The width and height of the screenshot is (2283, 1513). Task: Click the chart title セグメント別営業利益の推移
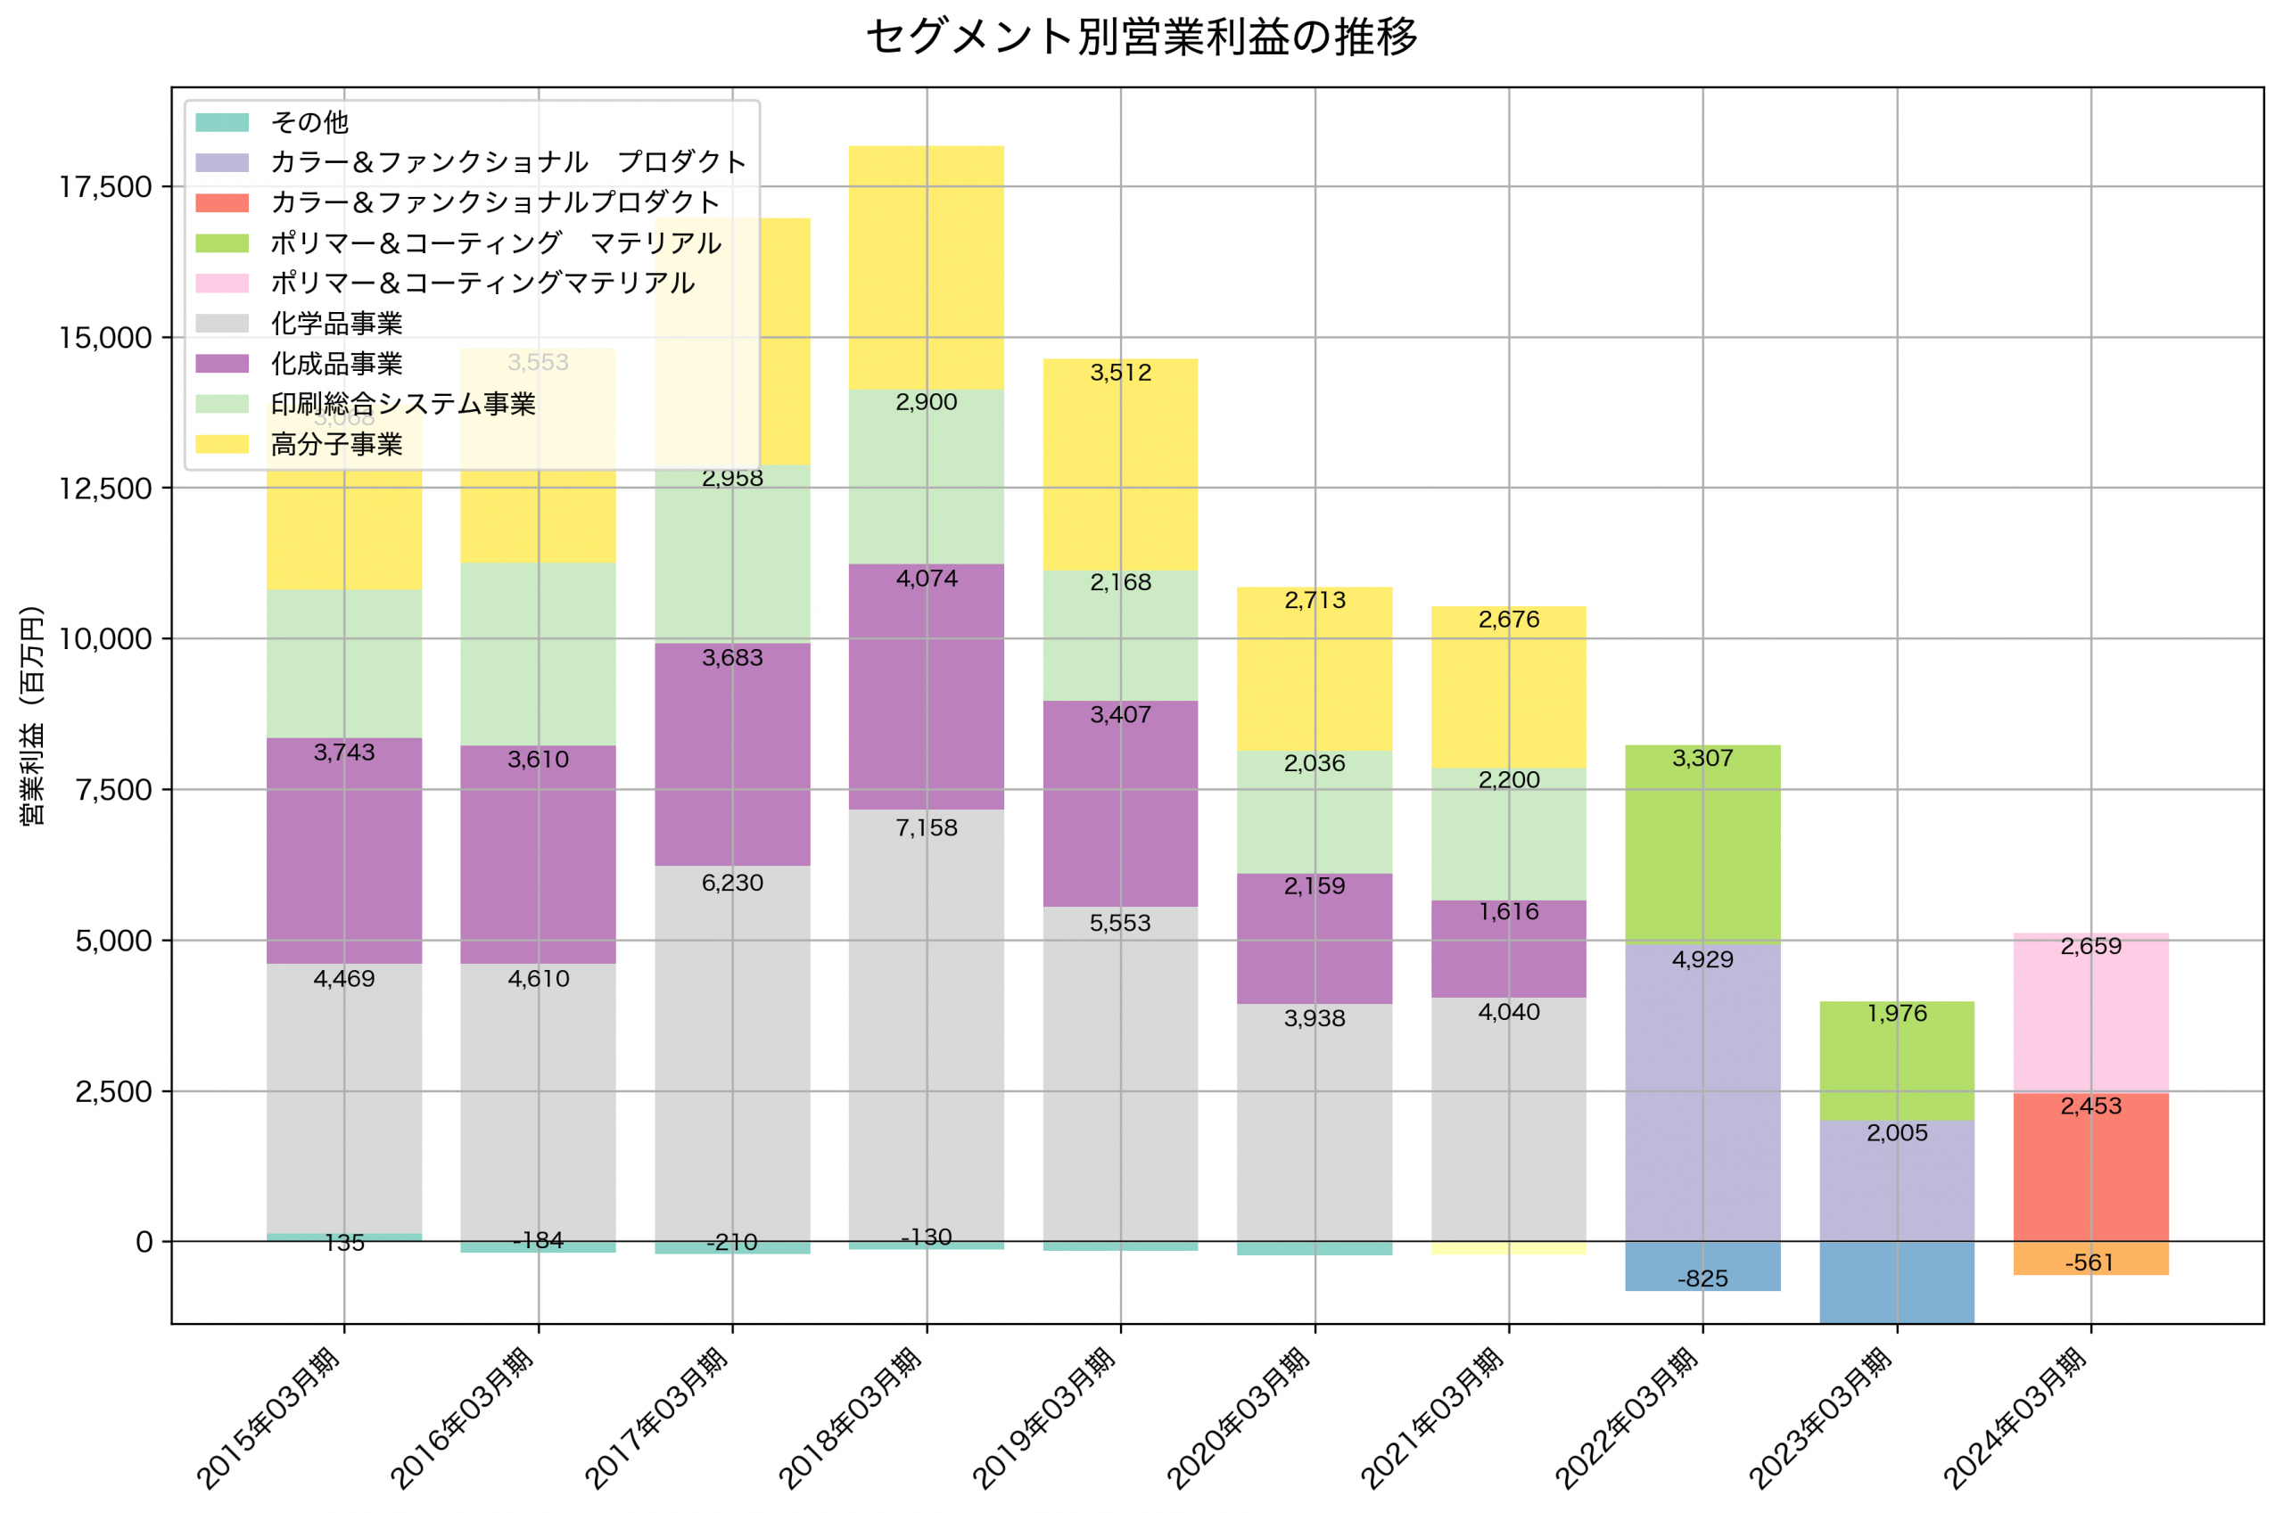(x=1141, y=37)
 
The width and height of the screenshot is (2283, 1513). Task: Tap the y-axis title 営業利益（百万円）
(x=32, y=715)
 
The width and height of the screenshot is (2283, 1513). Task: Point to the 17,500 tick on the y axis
(x=105, y=186)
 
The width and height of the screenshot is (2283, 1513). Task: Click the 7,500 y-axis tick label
(x=114, y=789)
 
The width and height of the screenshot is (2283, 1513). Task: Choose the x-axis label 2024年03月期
(x=2015, y=1418)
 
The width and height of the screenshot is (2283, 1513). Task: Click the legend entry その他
(x=309, y=122)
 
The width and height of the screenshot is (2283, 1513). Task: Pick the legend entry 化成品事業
(x=336, y=364)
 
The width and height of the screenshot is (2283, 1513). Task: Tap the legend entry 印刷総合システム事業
(x=402, y=403)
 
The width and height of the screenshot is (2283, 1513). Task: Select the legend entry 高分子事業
(x=336, y=444)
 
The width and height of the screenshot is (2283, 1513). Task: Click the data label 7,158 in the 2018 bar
(x=927, y=828)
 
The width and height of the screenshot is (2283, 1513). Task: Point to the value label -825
(x=1702, y=1279)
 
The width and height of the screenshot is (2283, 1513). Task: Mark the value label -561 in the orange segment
(x=2090, y=1262)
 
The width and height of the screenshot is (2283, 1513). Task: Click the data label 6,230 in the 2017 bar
(x=732, y=883)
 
